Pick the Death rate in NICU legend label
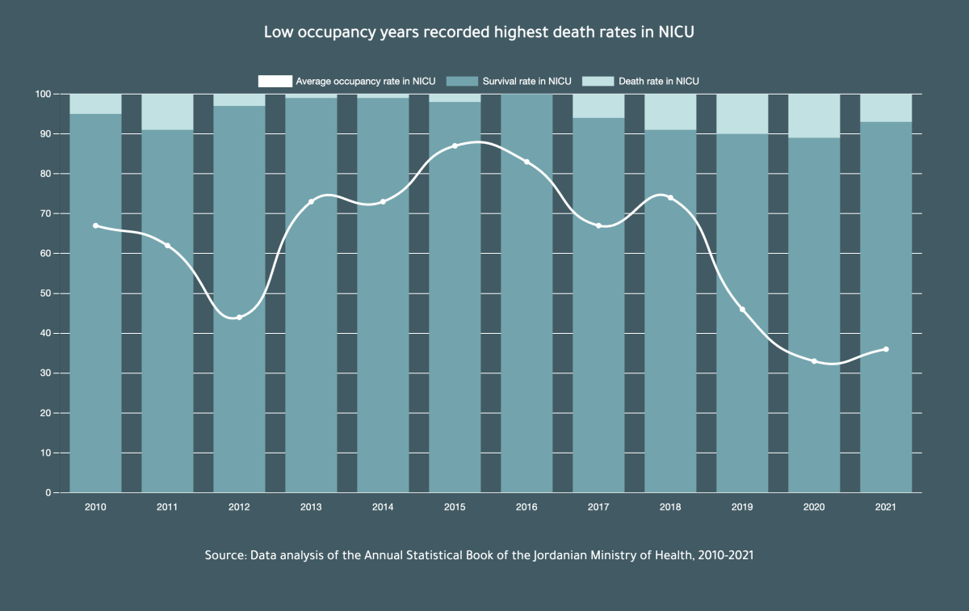click(658, 81)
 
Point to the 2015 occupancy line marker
click(455, 146)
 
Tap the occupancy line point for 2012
click(239, 317)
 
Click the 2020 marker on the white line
click(814, 361)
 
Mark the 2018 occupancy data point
click(670, 198)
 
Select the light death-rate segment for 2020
click(814, 116)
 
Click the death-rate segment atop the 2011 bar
click(167, 112)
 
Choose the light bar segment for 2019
click(742, 114)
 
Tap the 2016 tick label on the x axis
click(526, 507)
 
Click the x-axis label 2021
click(886, 507)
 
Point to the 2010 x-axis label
click(95, 507)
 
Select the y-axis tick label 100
click(43, 95)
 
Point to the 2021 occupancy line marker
click(886, 349)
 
